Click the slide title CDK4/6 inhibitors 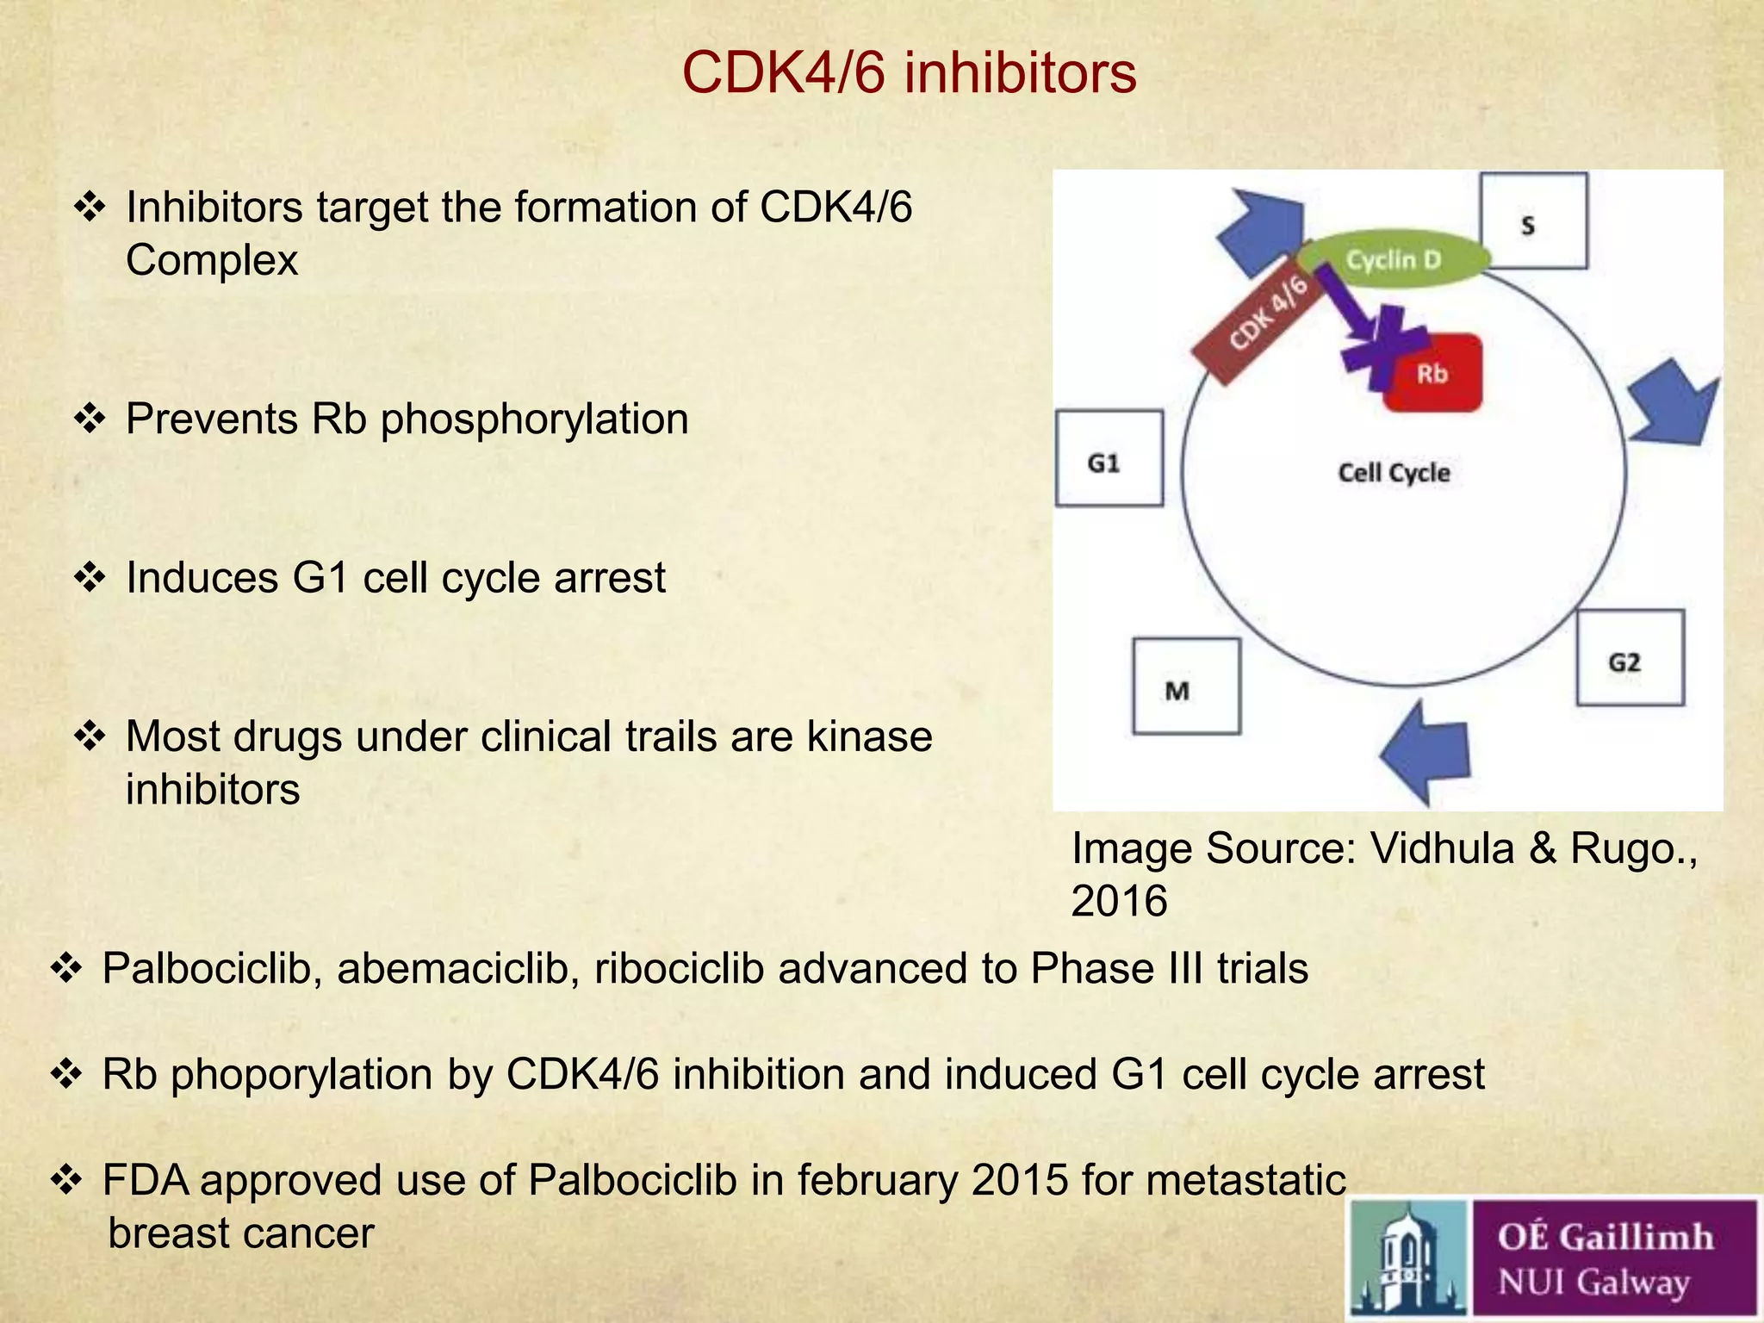[x=909, y=73]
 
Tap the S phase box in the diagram [x=1533, y=221]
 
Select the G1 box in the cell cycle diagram [x=1109, y=458]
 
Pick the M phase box [x=1186, y=686]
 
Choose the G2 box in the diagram [x=1630, y=658]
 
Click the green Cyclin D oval [x=1394, y=259]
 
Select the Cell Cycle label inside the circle [x=1394, y=473]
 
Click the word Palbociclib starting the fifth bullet [x=212, y=969]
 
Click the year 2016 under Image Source [x=1119, y=902]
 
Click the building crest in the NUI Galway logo [x=1407, y=1259]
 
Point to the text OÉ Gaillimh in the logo [x=1606, y=1237]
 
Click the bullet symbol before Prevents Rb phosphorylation [x=90, y=419]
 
